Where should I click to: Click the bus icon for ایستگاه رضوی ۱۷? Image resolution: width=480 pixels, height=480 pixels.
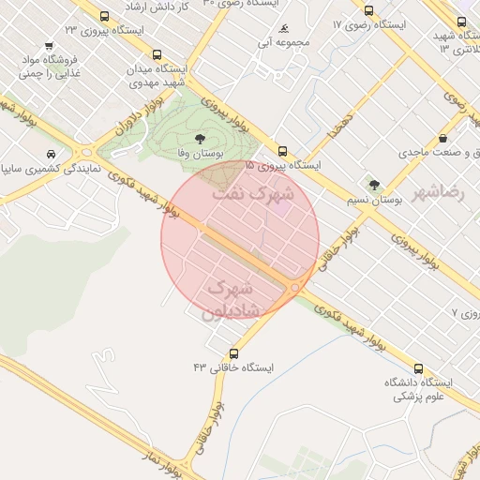pyautogui.click(x=368, y=11)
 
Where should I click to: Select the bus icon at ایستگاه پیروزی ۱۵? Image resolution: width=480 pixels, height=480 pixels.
pyautogui.click(x=282, y=151)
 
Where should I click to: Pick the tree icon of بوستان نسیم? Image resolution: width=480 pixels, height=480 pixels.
pyautogui.click(x=375, y=185)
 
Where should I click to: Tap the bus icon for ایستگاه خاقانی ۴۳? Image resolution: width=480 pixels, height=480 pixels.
pyautogui.click(x=233, y=353)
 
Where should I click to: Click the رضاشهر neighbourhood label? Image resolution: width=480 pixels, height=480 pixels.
pyautogui.click(x=444, y=191)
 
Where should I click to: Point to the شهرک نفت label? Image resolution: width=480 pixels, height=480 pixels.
pyautogui.click(x=253, y=194)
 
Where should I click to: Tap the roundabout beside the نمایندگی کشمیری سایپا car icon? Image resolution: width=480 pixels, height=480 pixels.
pyautogui.click(x=87, y=151)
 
